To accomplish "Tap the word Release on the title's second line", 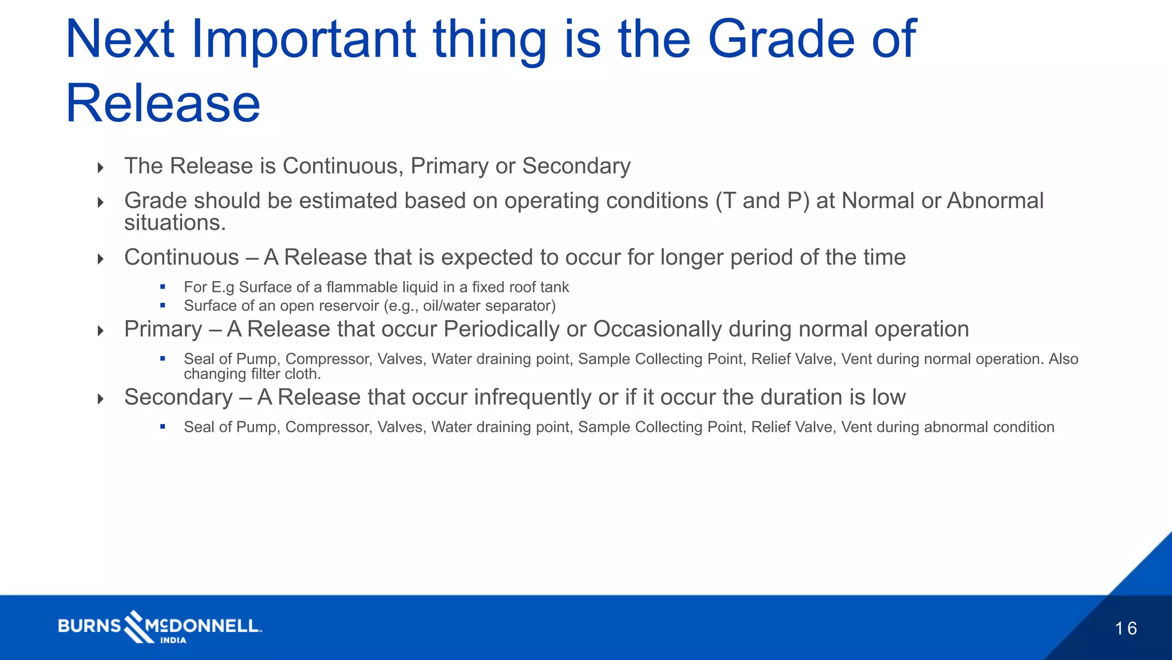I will click(x=163, y=104).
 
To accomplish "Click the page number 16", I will click(x=1125, y=629).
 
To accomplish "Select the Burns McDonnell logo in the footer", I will click(x=160, y=625).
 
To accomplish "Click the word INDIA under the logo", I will click(x=173, y=641).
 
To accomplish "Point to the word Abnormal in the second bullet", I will click(x=995, y=201).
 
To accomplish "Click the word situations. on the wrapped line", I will click(x=175, y=223).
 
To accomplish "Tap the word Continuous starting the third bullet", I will click(x=181, y=258).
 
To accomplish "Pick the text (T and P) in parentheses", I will click(x=762, y=201).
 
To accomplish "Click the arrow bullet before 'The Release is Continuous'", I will click(x=101, y=168).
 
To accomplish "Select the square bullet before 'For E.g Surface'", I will click(x=163, y=287).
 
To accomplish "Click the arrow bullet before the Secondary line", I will click(x=101, y=399).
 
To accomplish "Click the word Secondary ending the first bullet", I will click(x=576, y=166).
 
